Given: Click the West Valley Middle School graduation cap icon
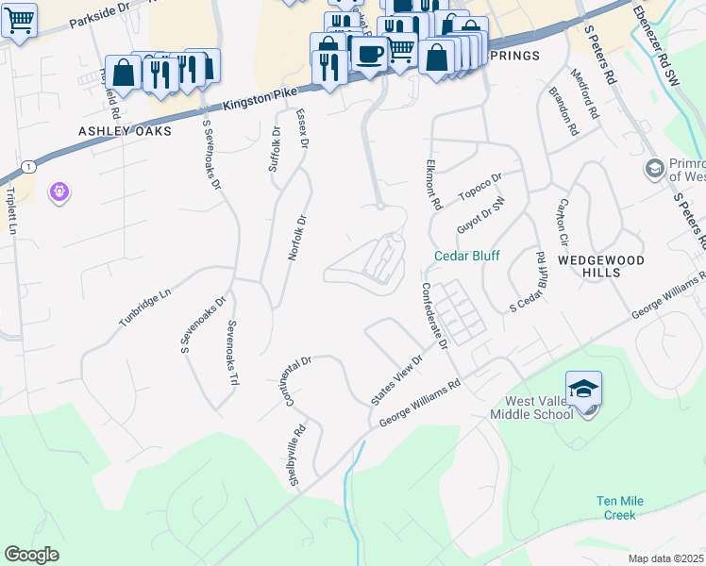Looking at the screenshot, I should click(x=583, y=389).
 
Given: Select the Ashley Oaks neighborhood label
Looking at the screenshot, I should click(x=126, y=131).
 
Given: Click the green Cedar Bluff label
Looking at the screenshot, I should click(x=466, y=256).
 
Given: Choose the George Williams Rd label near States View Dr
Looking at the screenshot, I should click(x=419, y=405).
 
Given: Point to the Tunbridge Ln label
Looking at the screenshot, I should click(x=144, y=308).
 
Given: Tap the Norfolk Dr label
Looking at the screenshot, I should click(x=297, y=238).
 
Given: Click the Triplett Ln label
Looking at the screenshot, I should click(x=13, y=210).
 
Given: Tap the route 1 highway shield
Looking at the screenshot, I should click(x=30, y=167).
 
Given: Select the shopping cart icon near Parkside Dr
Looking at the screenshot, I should click(x=18, y=20).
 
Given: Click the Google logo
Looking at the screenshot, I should click(x=31, y=555).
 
